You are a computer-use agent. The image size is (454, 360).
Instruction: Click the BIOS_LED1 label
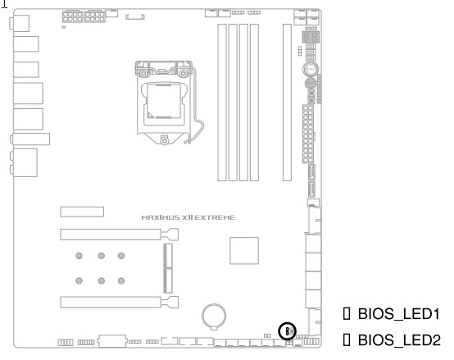pos(399,314)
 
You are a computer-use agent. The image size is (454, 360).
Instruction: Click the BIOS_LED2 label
pos(399,339)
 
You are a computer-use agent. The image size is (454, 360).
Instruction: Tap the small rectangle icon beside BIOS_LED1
pos(347,313)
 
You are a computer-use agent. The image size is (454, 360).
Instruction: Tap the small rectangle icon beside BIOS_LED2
pos(347,339)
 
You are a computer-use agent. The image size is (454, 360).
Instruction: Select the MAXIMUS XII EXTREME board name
pos(188,217)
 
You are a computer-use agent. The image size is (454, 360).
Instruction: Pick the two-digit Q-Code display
pos(311,37)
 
